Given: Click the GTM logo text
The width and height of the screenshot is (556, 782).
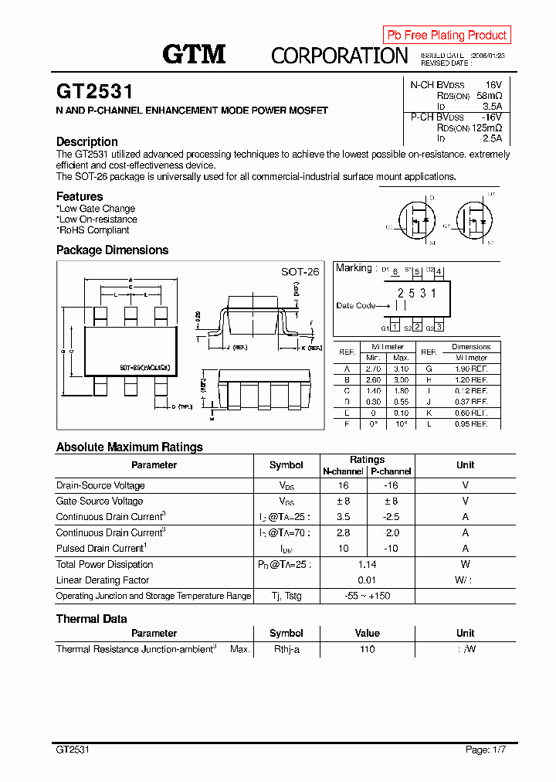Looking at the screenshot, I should pos(194,54).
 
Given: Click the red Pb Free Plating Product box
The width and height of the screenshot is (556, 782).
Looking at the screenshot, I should pos(446,35).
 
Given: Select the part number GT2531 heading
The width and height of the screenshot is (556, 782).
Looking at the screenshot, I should pos(94,92).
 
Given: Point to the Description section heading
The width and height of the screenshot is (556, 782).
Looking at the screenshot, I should pos(87,141).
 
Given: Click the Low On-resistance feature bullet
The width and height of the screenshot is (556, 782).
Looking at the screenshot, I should pos(98,219).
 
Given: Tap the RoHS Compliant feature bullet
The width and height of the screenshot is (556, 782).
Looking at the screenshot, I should pos(94,230).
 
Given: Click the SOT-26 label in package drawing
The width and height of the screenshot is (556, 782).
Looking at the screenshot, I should pos(300,272).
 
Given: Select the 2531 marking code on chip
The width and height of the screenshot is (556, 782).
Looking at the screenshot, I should pos(417,294).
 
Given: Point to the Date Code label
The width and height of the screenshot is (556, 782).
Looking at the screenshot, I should pos(356,305).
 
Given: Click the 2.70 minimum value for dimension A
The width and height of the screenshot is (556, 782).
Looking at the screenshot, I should pos(373,369).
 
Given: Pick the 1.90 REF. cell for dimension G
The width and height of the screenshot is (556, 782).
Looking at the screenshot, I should pos(471,369).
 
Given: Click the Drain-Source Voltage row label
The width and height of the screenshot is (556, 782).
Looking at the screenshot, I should pos(100,485).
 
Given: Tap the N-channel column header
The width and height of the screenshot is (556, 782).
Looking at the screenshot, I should pos(343,471).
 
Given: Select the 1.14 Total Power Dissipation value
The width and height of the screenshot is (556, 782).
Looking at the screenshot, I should pos(367,564).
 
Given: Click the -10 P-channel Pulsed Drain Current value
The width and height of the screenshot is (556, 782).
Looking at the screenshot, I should pos(391,549).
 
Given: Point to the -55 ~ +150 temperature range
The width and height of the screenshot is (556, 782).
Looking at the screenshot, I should pos(367,596).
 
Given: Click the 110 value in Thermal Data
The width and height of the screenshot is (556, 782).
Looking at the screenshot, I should pos(367,649).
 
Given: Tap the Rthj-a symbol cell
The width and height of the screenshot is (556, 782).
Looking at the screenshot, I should pos(286,649).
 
